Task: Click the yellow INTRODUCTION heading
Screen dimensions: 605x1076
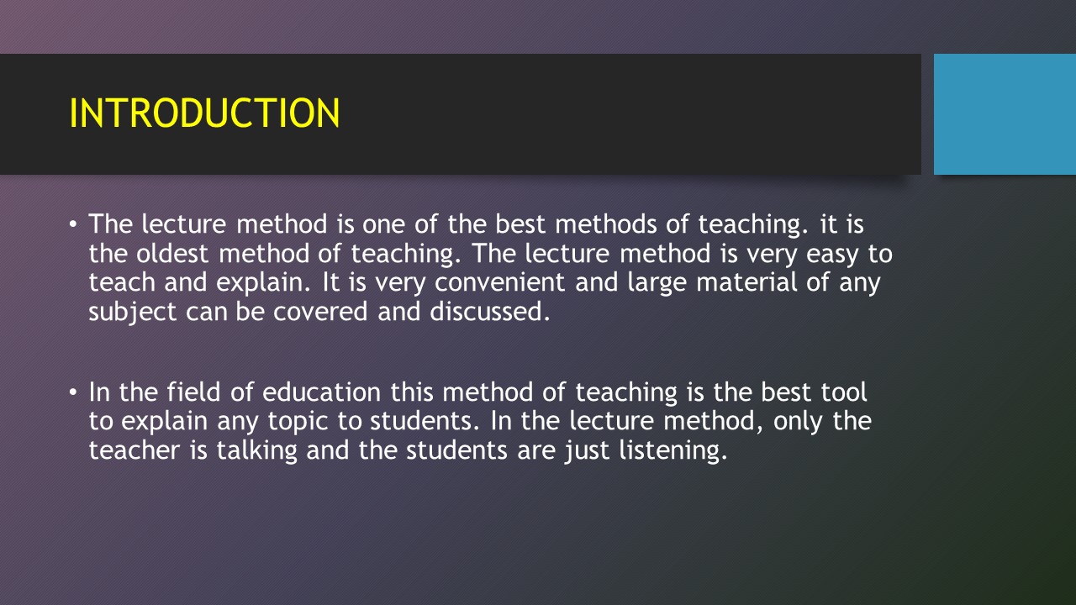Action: [204, 113]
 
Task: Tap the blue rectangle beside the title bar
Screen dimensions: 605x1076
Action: [1005, 114]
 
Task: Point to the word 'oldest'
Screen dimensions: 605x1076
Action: [179, 253]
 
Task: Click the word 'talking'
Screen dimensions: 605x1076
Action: [256, 450]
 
